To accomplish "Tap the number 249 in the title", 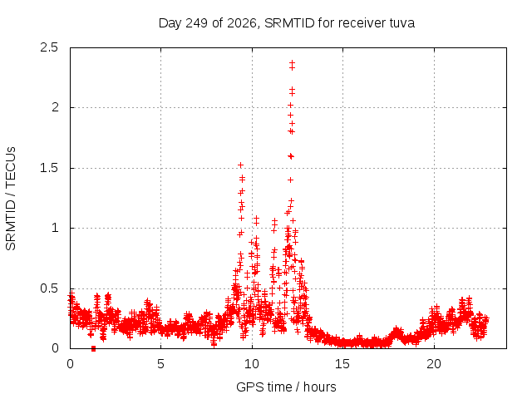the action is (x=197, y=23).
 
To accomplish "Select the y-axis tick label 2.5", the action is (x=49, y=47).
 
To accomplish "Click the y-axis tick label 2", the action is (x=55, y=107).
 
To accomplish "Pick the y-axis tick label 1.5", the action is (x=49, y=168).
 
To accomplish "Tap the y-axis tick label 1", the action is (x=55, y=228).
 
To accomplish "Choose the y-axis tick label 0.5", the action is (x=49, y=288).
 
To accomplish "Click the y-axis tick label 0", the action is (x=55, y=348).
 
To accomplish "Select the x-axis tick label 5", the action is (x=160, y=364).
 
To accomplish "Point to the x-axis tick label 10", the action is (x=252, y=364).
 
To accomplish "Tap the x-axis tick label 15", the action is (x=342, y=364).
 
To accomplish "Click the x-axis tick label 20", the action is (x=434, y=364).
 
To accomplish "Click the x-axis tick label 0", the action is (x=70, y=364).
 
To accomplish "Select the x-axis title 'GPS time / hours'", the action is (x=286, y=387).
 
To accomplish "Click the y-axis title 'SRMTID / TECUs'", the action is (x=11, y=199).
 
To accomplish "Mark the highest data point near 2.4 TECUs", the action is (x=292, y=63).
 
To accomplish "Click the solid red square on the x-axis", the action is (x=93, y=348).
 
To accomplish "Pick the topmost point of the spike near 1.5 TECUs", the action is (x=240, y=165).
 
